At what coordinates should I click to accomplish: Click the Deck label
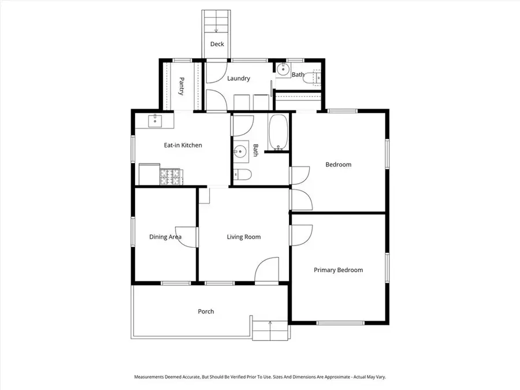click(217, 44)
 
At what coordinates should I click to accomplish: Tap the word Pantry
click(181, 86)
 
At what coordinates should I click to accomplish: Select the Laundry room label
click(238, 79)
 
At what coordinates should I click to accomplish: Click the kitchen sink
click(155, 121)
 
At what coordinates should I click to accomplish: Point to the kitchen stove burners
click(170, 176)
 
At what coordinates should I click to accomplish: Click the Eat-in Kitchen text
click(183, 146)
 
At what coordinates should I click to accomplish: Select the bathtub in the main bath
click(278, 132)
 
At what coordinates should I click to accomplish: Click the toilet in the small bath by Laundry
click(315, 77)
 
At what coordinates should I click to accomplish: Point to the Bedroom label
click(338, 165)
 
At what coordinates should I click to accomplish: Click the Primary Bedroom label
click(338, 270)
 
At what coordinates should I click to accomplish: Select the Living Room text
click(243, 237)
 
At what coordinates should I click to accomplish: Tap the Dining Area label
click(165, 237)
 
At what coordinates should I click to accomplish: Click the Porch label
click(206, 311)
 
